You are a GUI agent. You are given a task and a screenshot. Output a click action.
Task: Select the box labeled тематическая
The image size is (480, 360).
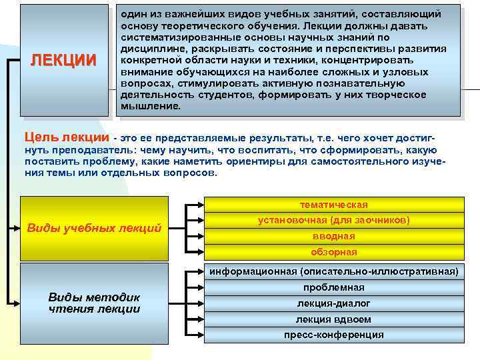click(333, 205)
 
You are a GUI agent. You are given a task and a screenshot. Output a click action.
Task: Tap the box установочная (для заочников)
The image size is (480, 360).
click(333, 220)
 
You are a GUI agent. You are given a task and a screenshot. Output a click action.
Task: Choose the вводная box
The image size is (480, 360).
click(333, 236)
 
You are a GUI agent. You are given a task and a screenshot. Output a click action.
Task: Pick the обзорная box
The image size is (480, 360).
click(333, 252)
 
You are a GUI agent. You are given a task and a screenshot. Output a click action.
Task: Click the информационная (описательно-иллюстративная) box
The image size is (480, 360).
click(333, 271)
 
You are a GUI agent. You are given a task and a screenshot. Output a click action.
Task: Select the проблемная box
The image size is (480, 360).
click(333, 287)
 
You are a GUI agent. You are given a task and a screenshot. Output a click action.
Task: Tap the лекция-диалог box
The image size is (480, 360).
click(333, 303)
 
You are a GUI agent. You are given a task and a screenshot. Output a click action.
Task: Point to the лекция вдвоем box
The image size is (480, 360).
click(333, 319)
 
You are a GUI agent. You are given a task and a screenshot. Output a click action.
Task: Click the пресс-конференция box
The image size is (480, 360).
click(333, 335)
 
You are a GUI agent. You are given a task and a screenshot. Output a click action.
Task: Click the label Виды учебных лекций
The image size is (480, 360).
click(94, 228)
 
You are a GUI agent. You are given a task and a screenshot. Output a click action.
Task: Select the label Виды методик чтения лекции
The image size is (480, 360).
click(94, 303)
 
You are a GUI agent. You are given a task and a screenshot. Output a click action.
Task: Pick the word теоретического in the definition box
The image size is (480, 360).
click(195, 25)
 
